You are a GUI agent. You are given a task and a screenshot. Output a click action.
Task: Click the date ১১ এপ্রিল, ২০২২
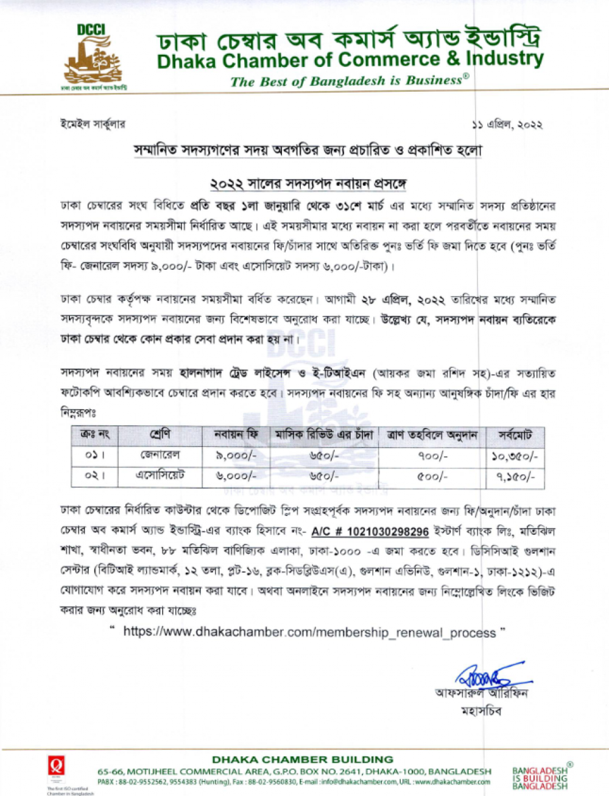click(x=507, y=125)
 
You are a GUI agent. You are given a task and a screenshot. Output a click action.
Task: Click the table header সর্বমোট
click(x=515, y=435)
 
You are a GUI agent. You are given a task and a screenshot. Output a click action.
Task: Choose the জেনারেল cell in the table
click(x=160, y=456)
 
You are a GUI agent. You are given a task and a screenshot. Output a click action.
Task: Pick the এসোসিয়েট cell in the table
click(x=160, y=476)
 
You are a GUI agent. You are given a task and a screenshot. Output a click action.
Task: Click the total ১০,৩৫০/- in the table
click(x=515, y=456)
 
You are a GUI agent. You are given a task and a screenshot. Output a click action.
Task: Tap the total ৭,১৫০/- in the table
click(x=515, y=476)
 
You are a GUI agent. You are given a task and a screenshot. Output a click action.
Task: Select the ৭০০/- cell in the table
click(x=432, y=456)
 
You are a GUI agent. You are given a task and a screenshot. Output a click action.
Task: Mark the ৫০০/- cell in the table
click(x=432, y=476)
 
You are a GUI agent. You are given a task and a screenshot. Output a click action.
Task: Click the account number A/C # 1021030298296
click(x=370, y=532)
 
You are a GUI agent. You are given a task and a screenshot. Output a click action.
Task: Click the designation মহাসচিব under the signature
click(x=481, y=711)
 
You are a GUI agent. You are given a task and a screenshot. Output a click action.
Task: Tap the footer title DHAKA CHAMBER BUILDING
click(x=302, y=759)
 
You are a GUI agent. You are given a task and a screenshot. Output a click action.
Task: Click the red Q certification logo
click(x=56, y=766)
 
